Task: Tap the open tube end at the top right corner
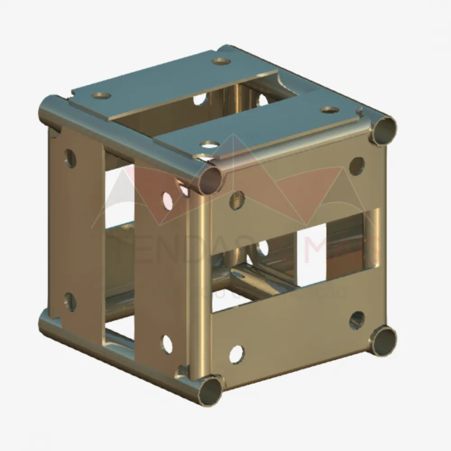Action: tap(383, 131)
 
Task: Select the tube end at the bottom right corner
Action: tap(383, 341)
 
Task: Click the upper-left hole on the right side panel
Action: tap(237, 200)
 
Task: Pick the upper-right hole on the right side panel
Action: tap(357, 166)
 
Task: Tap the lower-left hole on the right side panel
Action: tap(237, 354)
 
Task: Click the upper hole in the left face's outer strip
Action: tap(70, 158)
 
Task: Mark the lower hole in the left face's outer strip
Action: tap(70, 302)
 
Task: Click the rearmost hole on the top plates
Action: tap(221, 61)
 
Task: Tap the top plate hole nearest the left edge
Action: tap(101, 96)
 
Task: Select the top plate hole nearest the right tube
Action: tap(330, 110)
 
